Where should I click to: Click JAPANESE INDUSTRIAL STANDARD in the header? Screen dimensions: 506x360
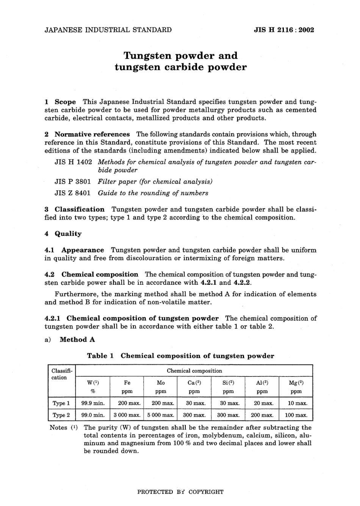(108, 30)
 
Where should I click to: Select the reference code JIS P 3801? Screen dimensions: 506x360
(73, 181)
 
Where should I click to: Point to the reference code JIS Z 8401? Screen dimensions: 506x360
(73, 193)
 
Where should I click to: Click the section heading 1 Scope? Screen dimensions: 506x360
(60, 102)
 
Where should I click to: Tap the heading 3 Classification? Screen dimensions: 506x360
(75, 209)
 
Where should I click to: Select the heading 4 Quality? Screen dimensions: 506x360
(63, 234)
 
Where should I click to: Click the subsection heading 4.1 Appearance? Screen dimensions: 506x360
(74, 250)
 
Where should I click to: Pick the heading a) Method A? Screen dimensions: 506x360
(70, 340)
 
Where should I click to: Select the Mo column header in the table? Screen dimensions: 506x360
(161, 383)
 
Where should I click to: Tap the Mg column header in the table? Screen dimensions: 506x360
(296, 383)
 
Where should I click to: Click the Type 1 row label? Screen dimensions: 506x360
(61, 403)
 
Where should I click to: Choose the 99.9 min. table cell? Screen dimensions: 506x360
(93, 403)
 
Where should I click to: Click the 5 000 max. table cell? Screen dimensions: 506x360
(161, 415)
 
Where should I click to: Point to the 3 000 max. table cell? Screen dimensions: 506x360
(127, 415)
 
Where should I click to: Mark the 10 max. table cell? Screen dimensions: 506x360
(296, 403)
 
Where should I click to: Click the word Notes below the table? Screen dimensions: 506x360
(59, 428)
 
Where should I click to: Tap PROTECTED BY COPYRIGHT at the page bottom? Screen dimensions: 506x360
(180, 492)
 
